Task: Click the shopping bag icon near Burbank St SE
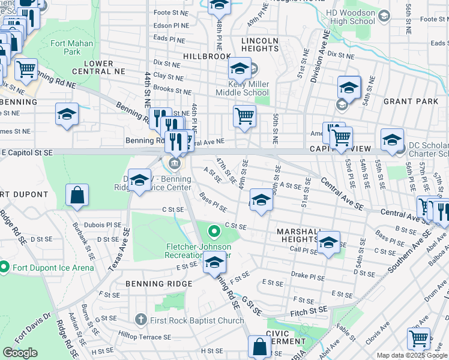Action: [77, 195]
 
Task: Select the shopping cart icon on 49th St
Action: [244, 115]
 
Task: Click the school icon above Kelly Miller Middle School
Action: [240, 69]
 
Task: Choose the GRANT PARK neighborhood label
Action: [411, 101]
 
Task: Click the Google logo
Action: [20, 353]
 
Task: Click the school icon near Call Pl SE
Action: [328, 242]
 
